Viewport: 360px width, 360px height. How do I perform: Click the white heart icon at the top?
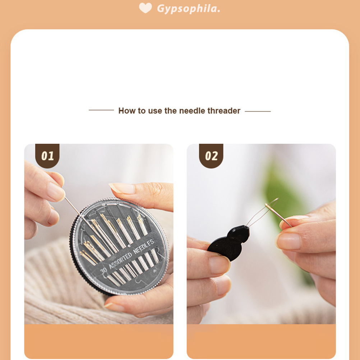[146, 8]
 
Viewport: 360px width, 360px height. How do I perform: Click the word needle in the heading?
[192, 111]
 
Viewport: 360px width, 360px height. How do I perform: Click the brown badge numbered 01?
[47, 156]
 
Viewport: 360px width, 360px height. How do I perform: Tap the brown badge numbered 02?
[211, 156]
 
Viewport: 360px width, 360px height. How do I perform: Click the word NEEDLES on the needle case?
[144, 246]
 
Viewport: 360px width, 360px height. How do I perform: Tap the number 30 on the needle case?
[104, 270]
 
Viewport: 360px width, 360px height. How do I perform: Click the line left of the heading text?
[101, 110]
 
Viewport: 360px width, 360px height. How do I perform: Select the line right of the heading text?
[258, 111]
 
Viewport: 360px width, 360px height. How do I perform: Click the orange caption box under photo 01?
[99, 341]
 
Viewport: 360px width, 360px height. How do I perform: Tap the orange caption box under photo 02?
[261, 341]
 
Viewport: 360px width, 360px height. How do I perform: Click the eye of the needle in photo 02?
[269, 206]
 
